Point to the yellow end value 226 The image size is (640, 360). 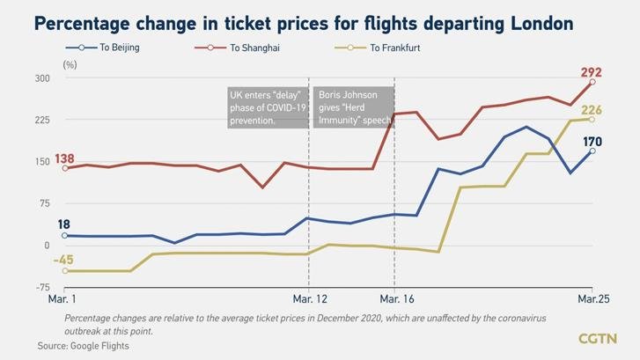[592, 109]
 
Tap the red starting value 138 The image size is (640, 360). [64, 158]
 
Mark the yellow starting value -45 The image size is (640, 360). [63, 260]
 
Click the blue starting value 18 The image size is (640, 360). [64, 225]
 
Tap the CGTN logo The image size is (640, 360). [597, 338]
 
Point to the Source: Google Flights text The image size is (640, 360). [83, 346]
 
